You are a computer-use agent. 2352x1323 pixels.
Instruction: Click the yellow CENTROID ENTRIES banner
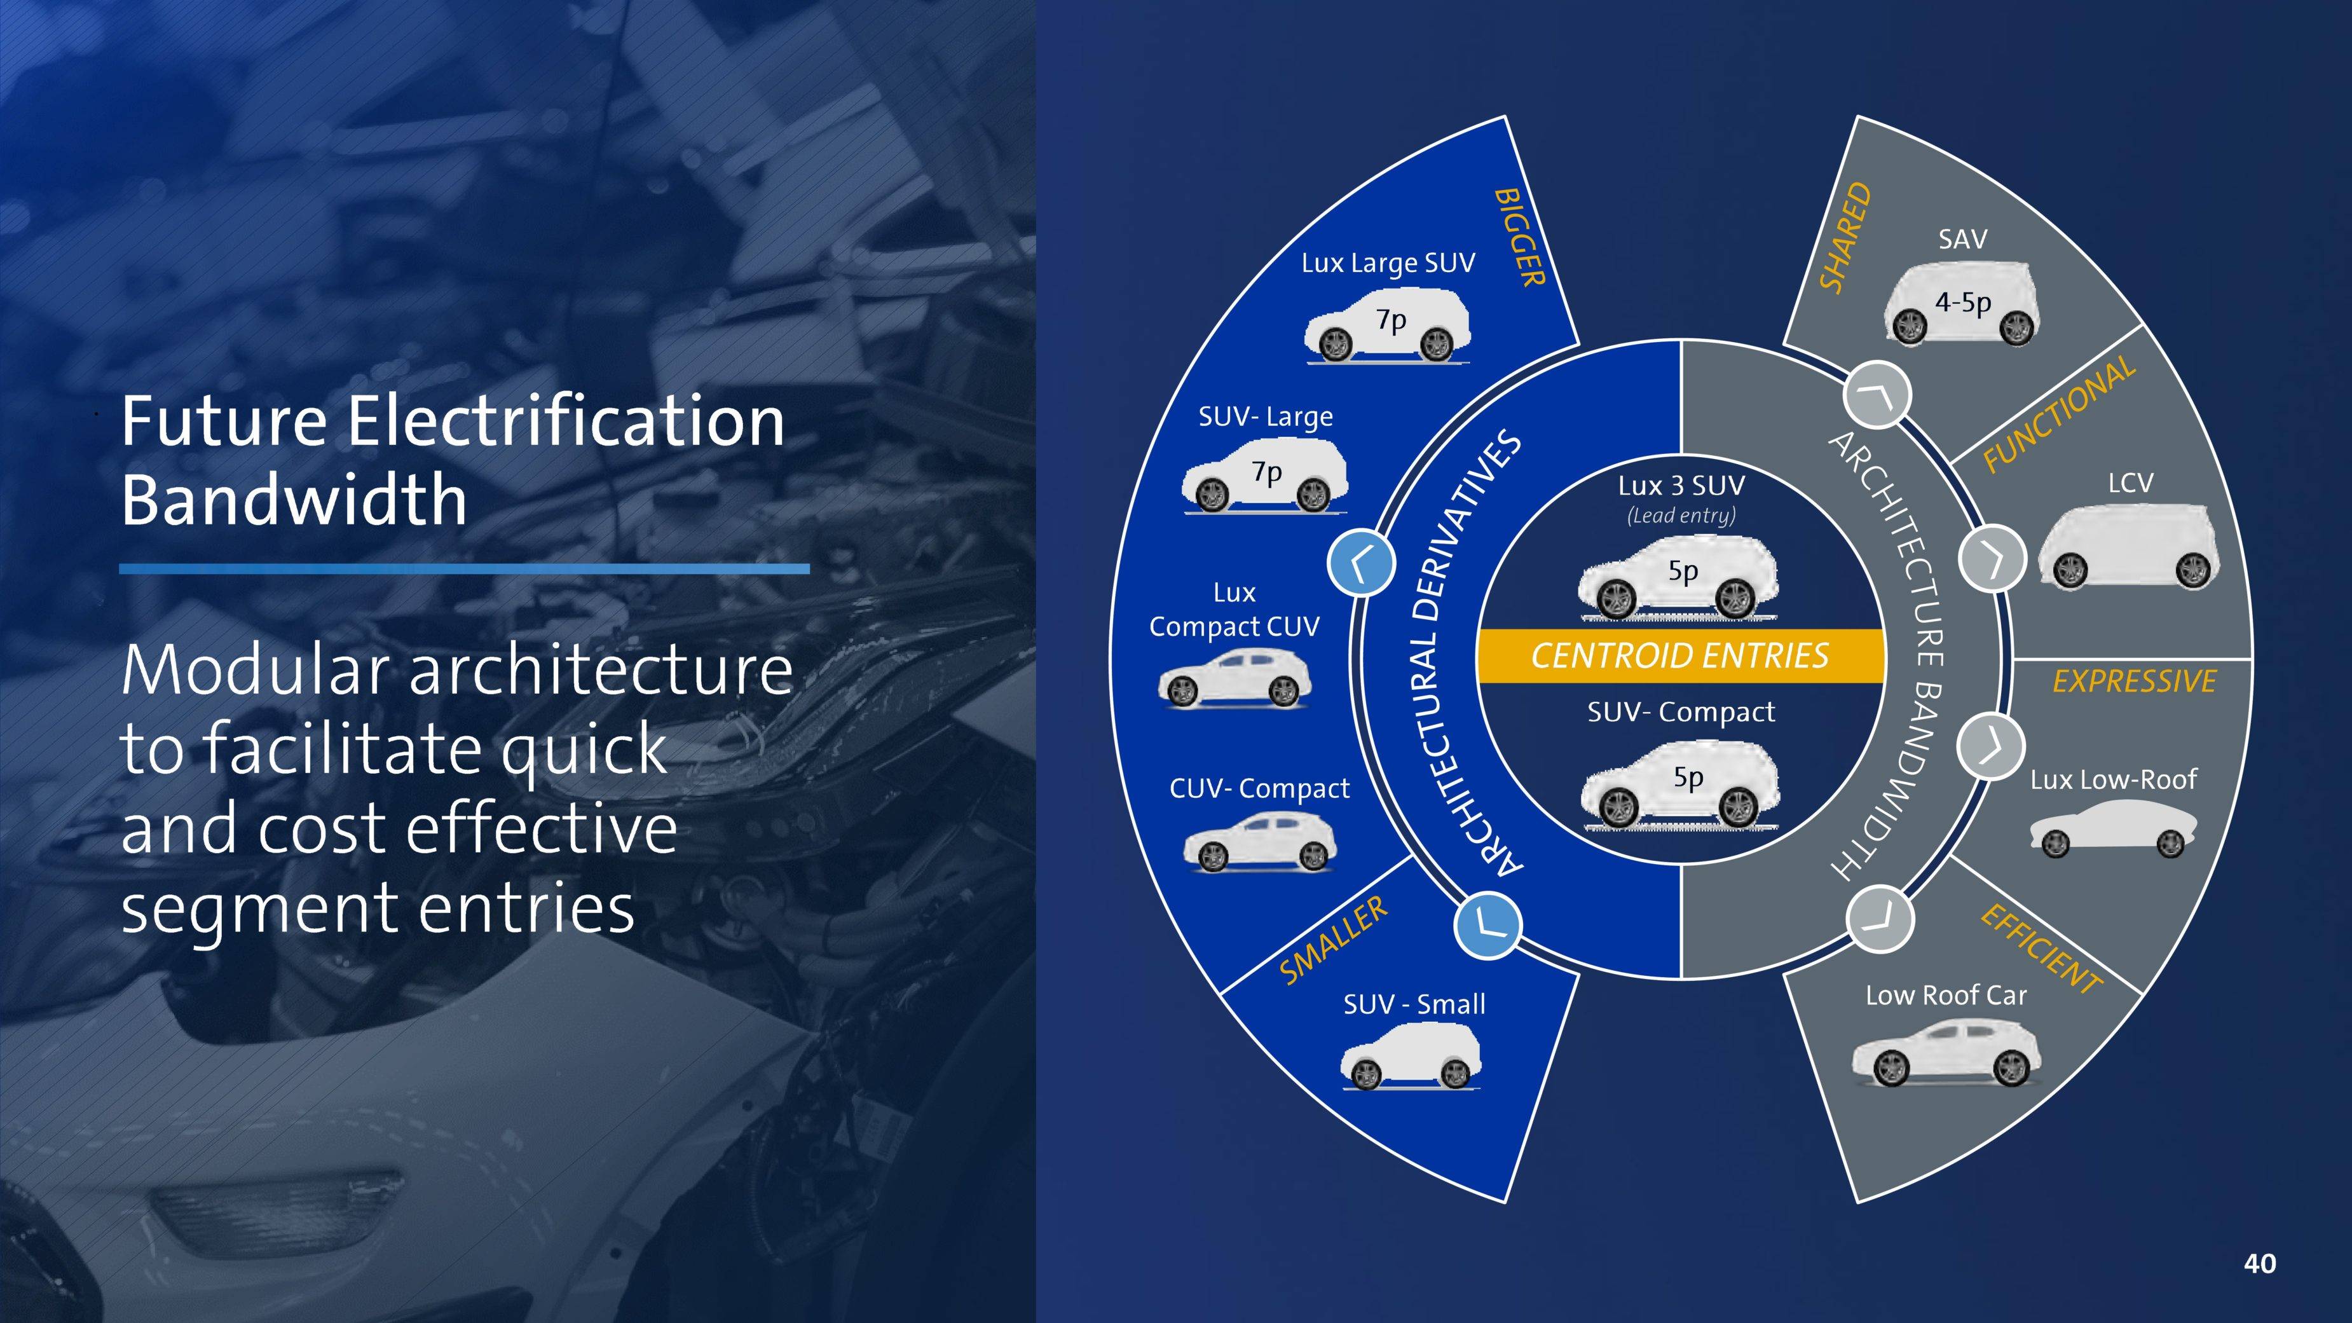point(1680,655)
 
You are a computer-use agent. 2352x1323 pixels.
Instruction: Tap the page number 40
point(2260,1264)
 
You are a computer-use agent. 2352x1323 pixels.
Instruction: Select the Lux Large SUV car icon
point(1388,326)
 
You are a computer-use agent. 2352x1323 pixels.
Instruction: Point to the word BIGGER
point(1519,237)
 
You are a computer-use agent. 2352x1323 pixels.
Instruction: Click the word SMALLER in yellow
point(1333,940)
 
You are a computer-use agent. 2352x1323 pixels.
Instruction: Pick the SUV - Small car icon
point(1411,1057)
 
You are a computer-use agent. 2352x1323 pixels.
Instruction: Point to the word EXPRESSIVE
point(2135,681)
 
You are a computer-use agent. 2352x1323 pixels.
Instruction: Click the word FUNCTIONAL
point(2059,415)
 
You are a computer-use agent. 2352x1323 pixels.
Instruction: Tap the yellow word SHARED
point(1845,237)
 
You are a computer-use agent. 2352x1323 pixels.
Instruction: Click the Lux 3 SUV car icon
point(1678,578)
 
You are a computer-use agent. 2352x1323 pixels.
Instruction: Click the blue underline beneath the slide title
point(464,569)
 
